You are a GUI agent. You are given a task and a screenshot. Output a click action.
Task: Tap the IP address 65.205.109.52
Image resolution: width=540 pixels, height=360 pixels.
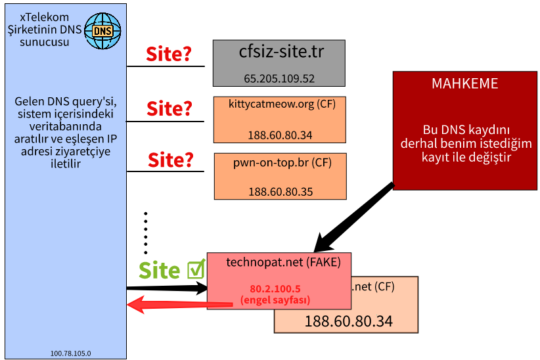[x=279, y=78]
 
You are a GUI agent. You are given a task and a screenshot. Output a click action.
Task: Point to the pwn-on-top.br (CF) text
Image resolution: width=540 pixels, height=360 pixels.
[x=279, y=162]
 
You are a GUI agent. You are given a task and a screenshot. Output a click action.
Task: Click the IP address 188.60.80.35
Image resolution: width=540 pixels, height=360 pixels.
[x=281, y=192]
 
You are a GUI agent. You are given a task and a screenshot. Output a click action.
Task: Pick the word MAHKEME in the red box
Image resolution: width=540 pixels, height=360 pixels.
[x=464, y=84]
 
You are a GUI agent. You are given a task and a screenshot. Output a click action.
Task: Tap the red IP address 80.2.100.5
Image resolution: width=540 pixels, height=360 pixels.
[x=275, y=288]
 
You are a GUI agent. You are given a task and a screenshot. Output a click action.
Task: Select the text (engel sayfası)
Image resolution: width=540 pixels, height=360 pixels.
[x=275, y=300]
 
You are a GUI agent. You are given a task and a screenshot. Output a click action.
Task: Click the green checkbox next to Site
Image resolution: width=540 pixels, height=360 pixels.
[x=196, y=269]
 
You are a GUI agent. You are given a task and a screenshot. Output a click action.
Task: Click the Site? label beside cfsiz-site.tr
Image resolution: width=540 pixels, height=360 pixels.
[x=168, y=54]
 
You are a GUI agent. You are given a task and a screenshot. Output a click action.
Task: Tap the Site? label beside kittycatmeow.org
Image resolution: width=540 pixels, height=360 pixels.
[x=169, y=108]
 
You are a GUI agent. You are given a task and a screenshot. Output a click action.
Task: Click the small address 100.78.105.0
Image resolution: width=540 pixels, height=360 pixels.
[x=70, y=353]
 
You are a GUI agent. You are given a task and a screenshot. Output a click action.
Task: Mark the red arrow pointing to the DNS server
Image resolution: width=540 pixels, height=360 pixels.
[x=177, y=304]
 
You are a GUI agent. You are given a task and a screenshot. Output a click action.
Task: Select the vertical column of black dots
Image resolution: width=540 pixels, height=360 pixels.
[x=146, y=233]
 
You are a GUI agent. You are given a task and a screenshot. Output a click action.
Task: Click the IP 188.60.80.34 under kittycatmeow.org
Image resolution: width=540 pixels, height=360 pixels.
[x=280, y=135]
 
